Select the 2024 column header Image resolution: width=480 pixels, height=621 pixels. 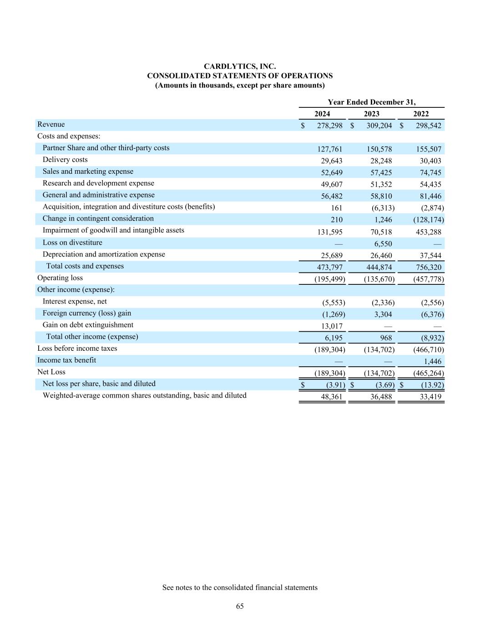tap(322, 114)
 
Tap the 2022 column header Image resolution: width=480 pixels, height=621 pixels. tap(421, 114)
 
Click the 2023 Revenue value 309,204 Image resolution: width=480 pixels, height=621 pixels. tap(379, 126)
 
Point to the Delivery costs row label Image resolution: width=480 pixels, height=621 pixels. tap(65, 160)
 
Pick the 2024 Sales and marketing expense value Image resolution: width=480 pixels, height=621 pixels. tap(331, 172)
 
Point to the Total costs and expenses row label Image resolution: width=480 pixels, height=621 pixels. tap(85, 266)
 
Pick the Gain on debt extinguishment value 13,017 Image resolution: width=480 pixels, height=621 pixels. tap(332, 326)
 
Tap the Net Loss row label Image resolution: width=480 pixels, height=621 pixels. tap(51, 372)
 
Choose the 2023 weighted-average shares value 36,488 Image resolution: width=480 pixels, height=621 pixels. tap(380, 397)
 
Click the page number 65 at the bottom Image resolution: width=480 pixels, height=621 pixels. tap(240, 606)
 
